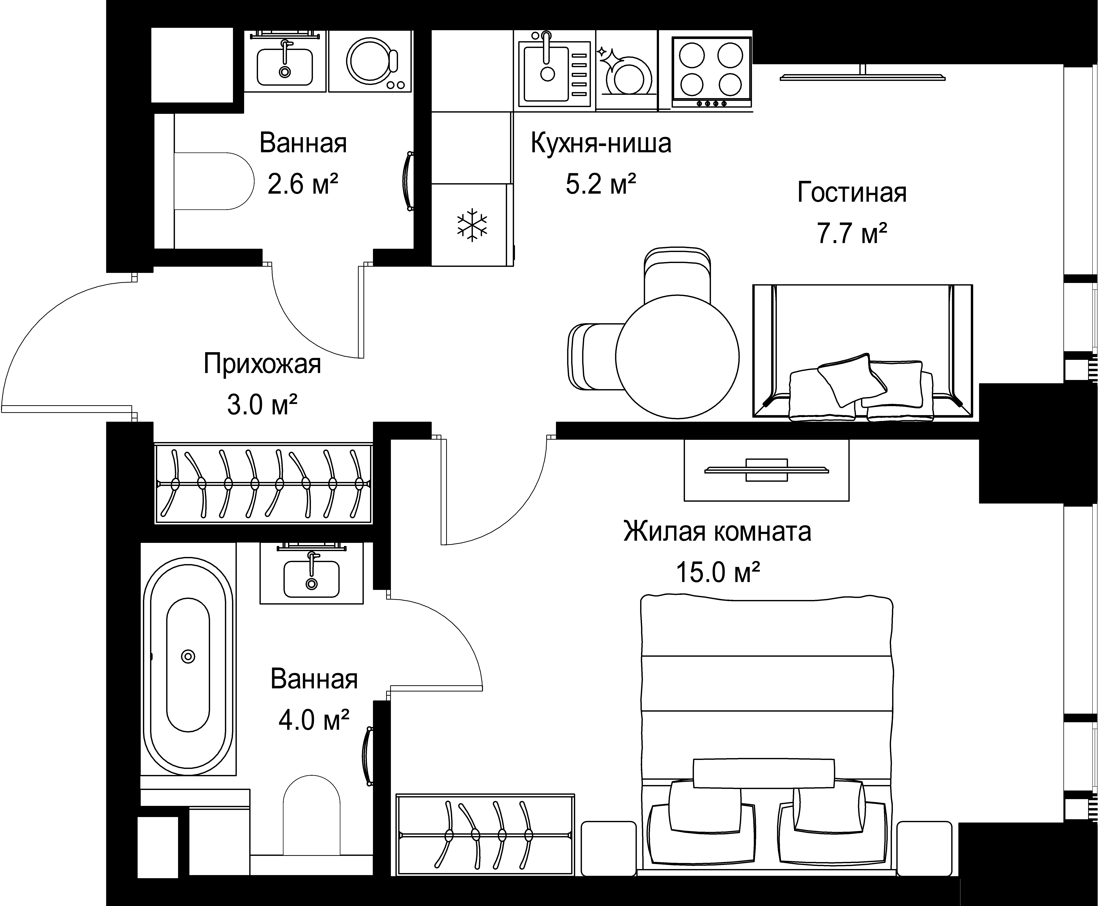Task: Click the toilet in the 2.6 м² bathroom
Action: (214, 181)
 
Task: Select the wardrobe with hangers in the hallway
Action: (264, 484)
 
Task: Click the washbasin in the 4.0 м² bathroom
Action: (311, 576)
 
